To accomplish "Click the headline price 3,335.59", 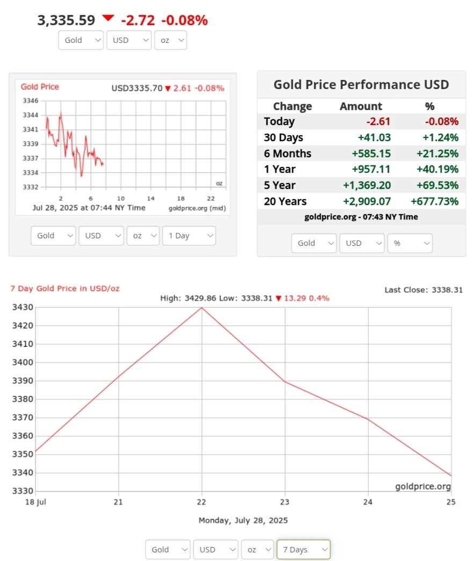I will [x=66, y=20].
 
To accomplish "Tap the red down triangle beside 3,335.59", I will [x=108, y=18].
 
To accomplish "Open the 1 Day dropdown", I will [x=188, y=236].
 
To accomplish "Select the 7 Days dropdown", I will [x=303, y=549].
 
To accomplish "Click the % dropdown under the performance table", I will [x=410, y=243].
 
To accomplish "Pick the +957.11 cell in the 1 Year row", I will [x=371, y=169].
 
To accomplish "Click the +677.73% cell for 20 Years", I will [x=434, y=201].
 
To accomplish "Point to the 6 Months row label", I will [x=287, y=154].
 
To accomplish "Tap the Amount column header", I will [x=361, y=106].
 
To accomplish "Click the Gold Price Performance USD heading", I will [x=361, y=85].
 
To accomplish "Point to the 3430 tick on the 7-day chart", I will [x=23, y=308].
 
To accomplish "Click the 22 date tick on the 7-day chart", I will [x=201, y=502].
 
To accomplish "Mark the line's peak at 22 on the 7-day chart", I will [x=201, y=308].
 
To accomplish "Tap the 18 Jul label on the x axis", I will [x=36, y=502].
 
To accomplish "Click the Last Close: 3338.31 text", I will [x=423, y=290].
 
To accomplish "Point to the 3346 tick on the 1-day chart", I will [x=31, y=101].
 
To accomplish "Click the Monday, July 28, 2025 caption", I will [x=243, y=520].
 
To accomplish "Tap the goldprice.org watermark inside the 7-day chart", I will [x=423, y=486].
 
